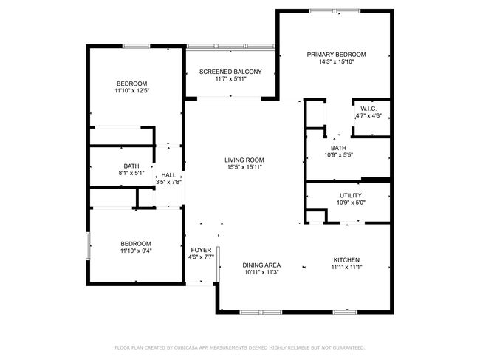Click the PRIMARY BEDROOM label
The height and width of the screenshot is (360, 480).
pos(336,55)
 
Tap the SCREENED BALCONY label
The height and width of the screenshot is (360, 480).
pos(230,72)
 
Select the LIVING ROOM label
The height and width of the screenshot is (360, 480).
pos(244,160)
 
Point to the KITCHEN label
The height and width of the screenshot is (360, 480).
pos(346,259)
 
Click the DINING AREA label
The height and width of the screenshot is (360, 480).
pos(261,265)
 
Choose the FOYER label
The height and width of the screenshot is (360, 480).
pos(201,250)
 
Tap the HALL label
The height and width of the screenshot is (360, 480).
pos(168,175)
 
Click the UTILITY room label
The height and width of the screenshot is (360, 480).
pos(351,195)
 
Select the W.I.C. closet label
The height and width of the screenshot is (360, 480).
pos(368,109)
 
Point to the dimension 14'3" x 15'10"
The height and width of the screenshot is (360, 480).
pos(337,61)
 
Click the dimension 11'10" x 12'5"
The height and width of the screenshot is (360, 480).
pos(132,90)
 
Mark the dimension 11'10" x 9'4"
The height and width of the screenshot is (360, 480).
pos(136,251)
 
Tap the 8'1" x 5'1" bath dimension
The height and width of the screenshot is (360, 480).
pos(131,173)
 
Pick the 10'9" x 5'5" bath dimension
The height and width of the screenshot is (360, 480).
pos(338,155)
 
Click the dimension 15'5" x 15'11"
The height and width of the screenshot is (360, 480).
pos(244,167)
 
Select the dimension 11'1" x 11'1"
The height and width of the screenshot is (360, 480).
pos(346,267)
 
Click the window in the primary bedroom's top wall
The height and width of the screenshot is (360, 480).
pos(335,11)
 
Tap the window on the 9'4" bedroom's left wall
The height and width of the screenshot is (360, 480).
pos(88,246)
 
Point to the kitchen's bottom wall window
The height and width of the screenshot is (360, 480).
pos(345,313)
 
